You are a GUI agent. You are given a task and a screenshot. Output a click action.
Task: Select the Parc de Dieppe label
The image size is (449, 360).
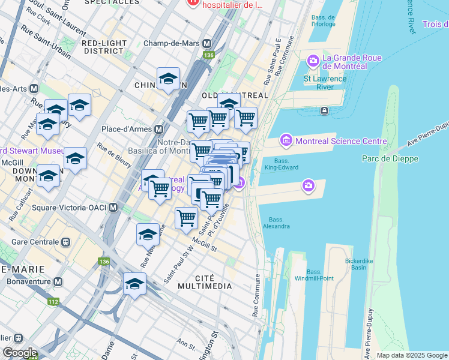[x=390, y=158]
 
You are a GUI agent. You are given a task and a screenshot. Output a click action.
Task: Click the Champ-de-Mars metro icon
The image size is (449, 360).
[x=207, y=44]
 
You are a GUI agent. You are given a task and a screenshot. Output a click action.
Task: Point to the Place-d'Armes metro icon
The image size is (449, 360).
[x=159, y=129]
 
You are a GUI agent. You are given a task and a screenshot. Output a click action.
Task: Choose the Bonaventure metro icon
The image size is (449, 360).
[x=58, y=281]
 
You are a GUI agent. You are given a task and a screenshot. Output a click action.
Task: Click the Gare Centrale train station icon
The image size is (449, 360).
[x=65, y=242]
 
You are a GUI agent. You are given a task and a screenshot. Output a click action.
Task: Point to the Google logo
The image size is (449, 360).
[x=20, y=353]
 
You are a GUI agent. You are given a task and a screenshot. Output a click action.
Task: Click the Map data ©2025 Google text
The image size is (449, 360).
[x=412, y=355]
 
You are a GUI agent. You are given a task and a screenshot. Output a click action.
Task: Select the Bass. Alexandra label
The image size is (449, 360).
[x=276, y=223]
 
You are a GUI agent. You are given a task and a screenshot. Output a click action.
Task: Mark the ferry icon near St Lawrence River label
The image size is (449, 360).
[x=324, y=110]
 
